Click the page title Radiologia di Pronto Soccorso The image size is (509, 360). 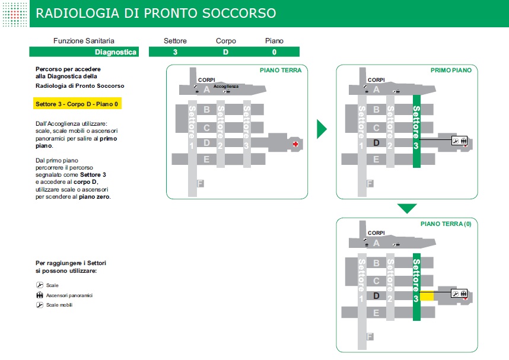pos(155,13)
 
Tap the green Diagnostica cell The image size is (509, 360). pos(116,52)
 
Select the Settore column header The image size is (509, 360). pos(175,41)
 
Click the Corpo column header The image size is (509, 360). pos(225,41)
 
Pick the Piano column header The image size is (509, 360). pos(274,41)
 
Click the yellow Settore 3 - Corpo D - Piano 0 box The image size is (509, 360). pos(78,104)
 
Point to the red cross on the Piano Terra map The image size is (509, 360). pos(295,144)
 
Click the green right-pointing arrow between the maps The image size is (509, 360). pos(322,129)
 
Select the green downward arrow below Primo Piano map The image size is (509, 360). pos(407,208)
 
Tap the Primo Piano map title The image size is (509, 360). pos(451,70)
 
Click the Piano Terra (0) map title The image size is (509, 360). pos(446,224)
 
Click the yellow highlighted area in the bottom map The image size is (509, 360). pos(427,295)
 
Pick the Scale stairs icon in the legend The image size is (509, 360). pos(40,285)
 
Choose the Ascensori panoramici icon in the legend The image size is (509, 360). pos(40,295)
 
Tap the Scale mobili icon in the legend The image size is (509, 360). pos(40,305)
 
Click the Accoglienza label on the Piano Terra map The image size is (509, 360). pos(226,87)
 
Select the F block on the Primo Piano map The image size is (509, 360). pos(370,184)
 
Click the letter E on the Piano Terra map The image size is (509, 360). pos(206,159)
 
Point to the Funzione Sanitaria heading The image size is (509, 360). pos(84,41)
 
